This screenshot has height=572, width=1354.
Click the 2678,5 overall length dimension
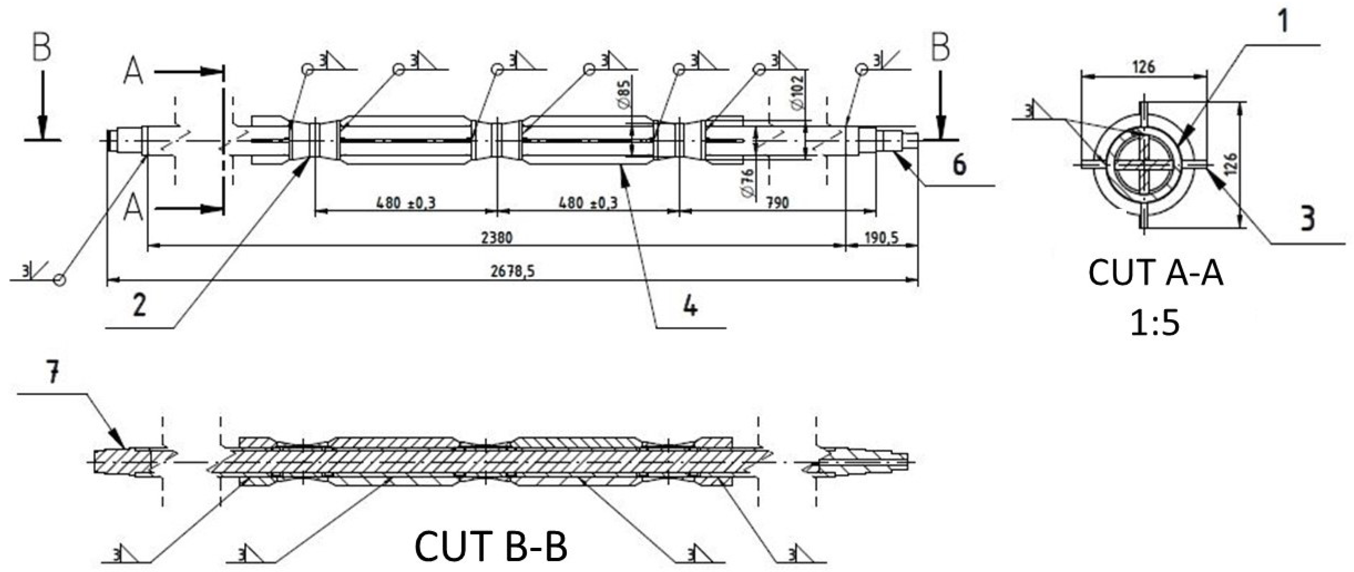[513, 272]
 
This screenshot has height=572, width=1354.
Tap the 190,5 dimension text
[881, 238]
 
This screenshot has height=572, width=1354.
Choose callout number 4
[690, 305]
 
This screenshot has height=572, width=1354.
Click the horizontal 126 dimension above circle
[1144, 67]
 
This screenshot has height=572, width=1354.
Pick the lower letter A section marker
[134, 210]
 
